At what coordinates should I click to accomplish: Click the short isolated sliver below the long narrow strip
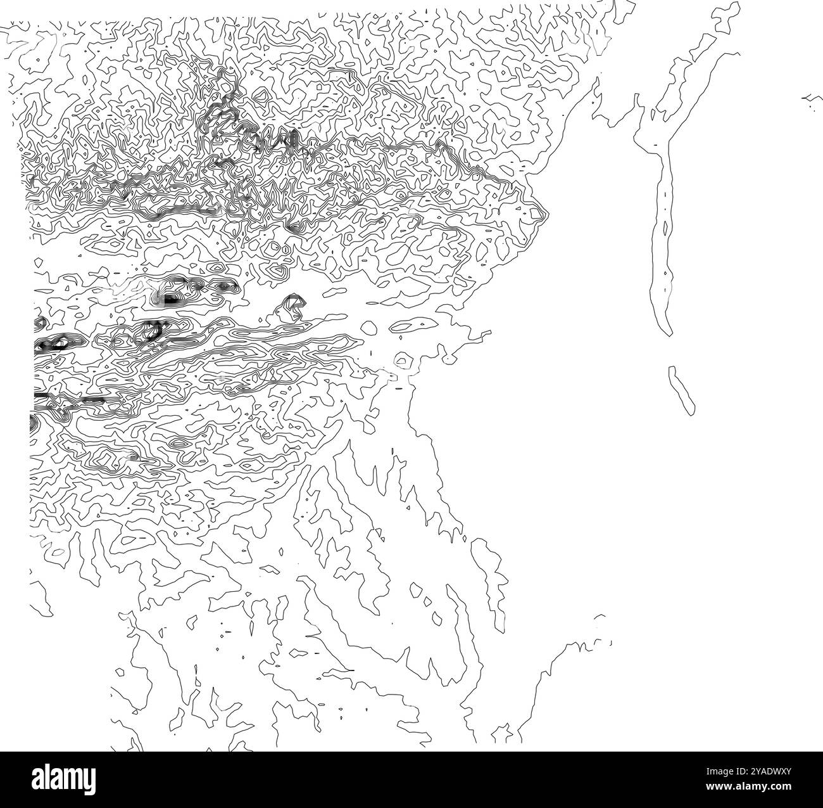click(x=682, y=390)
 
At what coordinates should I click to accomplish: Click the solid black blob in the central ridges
click(x=170, y=298)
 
